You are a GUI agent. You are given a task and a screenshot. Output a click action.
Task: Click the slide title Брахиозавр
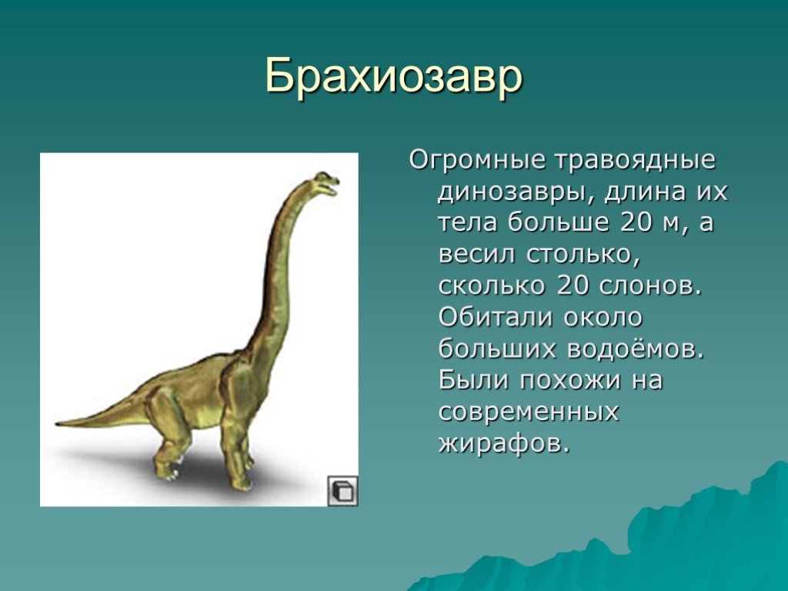(x=394, y=77)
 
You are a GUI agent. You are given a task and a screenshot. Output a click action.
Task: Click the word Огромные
(x=477, y=160)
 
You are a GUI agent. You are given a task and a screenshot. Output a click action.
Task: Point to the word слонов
(x=649, y=285)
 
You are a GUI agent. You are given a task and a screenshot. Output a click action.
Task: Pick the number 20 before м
(x=636, y=222)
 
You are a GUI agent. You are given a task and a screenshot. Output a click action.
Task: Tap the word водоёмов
(x=636, y=349)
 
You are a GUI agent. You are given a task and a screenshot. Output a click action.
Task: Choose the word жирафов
(x=505, y=443)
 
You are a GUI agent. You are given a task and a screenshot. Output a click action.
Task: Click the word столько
(x=583, y=254)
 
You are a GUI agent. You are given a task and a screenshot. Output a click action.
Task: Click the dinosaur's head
(x=326, y=183)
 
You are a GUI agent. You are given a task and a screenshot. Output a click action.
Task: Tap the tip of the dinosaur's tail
(x=57, y=424)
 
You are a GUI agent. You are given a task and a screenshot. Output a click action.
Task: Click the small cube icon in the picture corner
(x=342, y=490)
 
